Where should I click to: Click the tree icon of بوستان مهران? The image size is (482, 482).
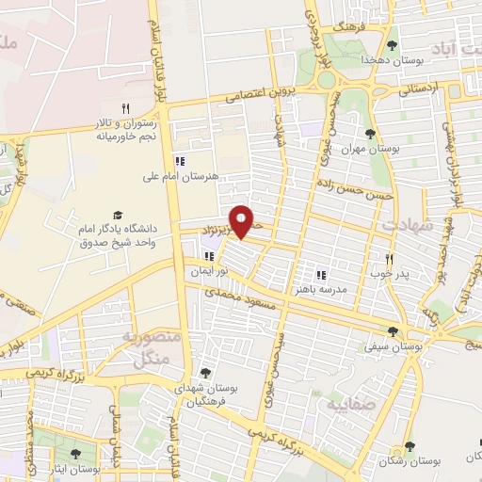point(370,134)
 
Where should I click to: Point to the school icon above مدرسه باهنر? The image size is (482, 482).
point(321,275)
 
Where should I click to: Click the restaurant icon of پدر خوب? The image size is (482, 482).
point(388,259)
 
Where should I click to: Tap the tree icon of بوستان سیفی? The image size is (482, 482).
point(393,330)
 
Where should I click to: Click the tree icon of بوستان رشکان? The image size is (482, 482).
point(409,446)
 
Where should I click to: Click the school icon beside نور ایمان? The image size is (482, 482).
point(208,256)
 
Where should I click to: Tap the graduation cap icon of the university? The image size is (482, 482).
point(118,216)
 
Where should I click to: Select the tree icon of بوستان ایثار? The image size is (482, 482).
point(75,454)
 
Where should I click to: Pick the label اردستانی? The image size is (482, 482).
point(419,90)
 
